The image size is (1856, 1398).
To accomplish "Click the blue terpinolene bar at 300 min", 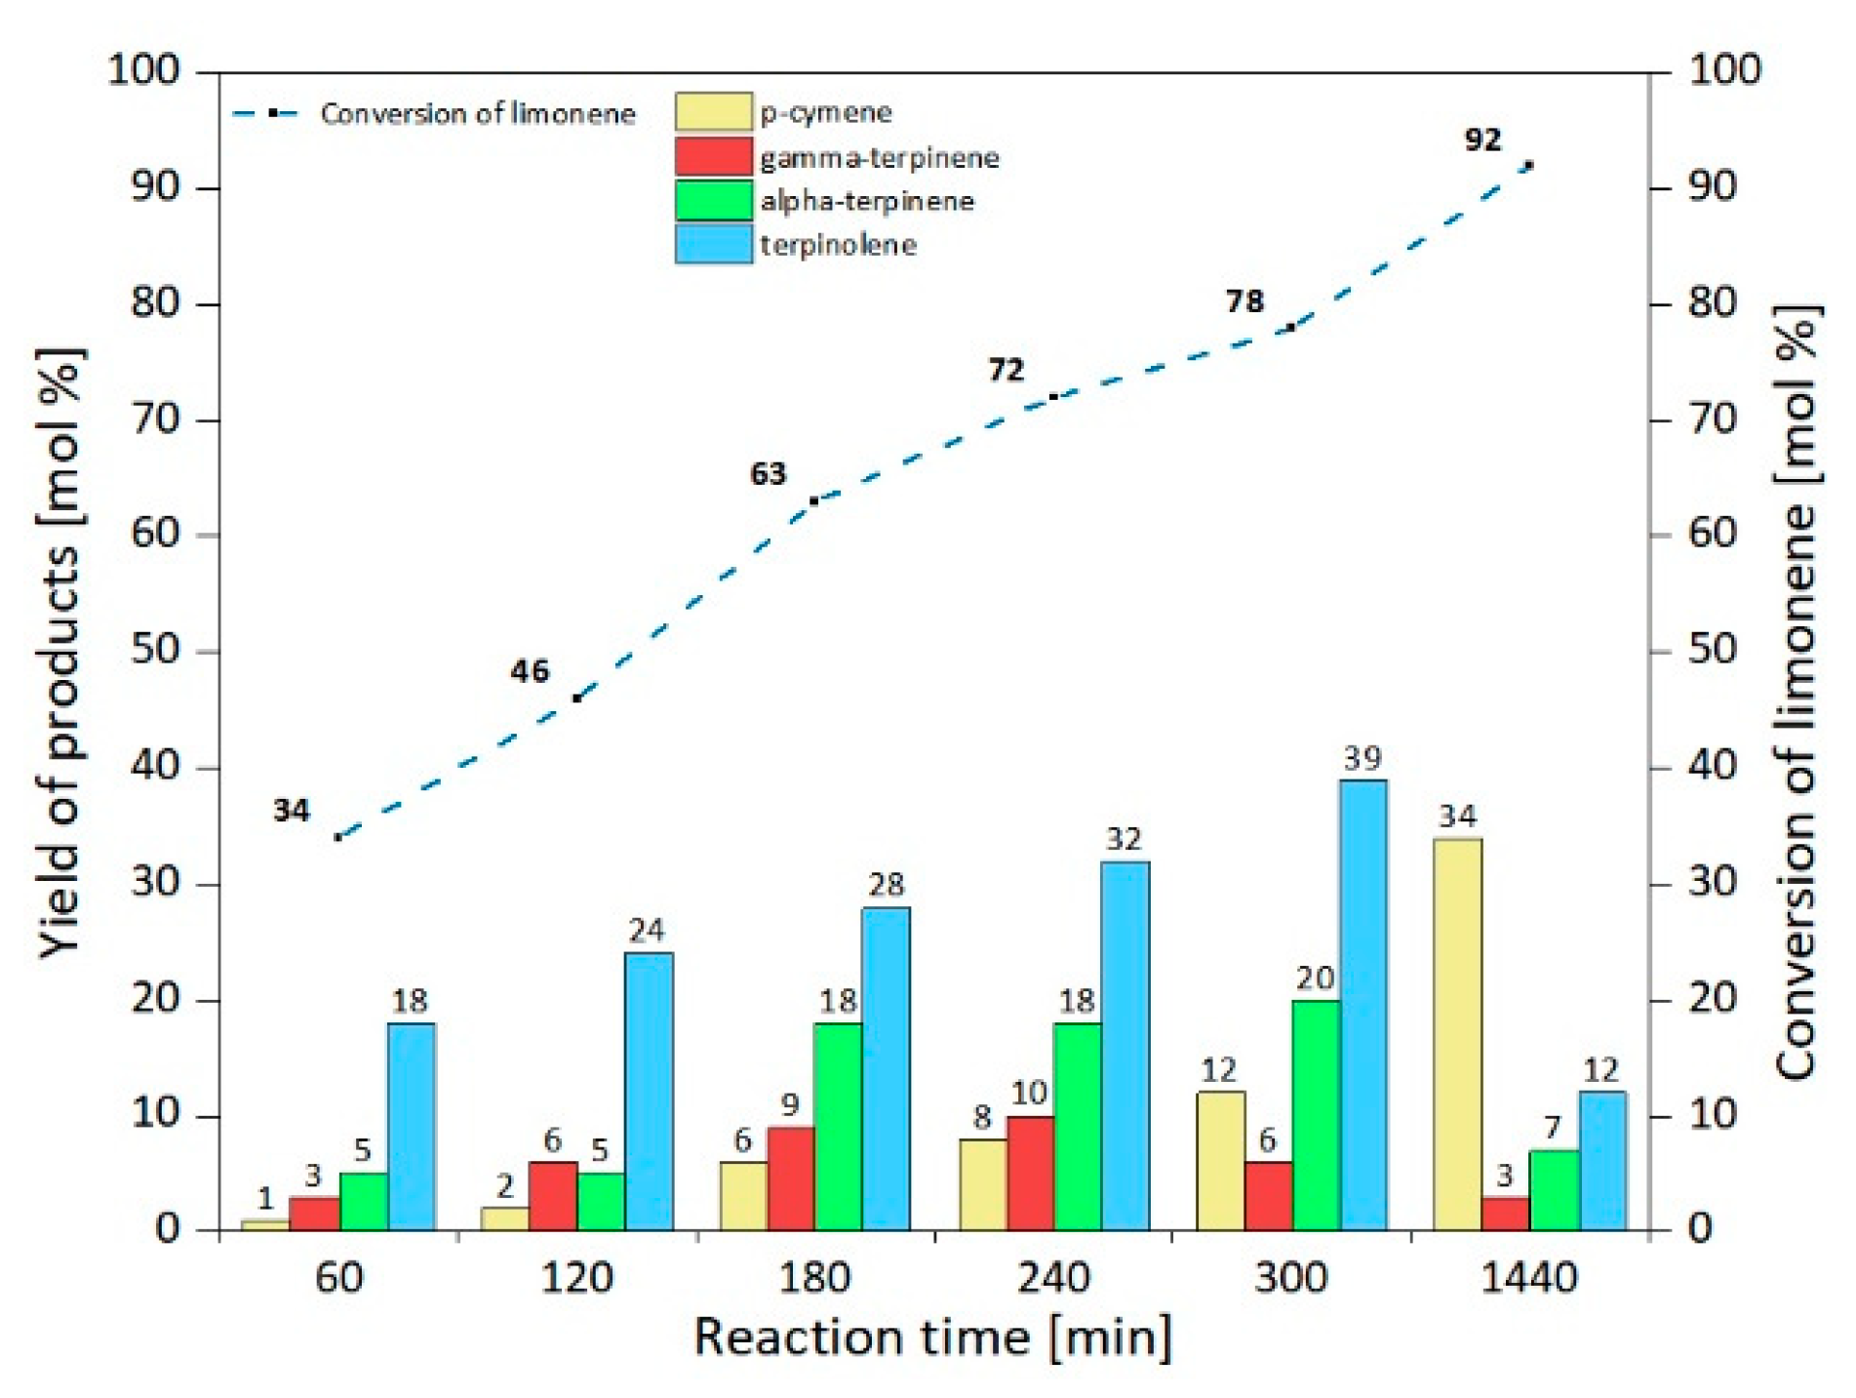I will pos(1362,1005).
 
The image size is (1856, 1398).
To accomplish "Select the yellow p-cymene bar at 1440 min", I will pos(1457,1034).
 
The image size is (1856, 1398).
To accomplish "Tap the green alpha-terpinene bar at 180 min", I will pos(838,1127).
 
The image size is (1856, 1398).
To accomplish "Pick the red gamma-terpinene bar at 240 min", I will pos(1030,1173).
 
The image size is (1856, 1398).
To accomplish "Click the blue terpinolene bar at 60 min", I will pos(411,1127).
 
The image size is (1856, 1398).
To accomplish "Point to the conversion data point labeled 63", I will pos(814,500).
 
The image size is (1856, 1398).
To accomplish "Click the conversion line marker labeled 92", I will pos(1528,166).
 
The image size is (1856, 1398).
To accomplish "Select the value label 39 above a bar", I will pos(1362,758).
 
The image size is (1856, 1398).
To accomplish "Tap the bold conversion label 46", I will pos(530,671).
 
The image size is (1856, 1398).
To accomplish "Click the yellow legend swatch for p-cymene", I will pos(713,112).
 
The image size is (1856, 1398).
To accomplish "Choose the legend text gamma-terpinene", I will pos(879,158).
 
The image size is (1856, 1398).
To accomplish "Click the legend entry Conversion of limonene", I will pos(477,114).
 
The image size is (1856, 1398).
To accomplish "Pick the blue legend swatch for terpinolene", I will pos(713,244).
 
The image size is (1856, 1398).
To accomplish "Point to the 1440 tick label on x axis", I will pos(1528,1278).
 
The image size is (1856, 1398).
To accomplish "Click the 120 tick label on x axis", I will pos(576,1278).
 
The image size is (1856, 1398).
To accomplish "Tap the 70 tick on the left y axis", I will pos(156,420).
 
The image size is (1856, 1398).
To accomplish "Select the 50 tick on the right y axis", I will pos(1713,650).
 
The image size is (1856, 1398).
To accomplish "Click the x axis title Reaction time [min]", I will pos(931,1338).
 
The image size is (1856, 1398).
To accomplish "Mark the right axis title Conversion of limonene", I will pos(1796,693).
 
